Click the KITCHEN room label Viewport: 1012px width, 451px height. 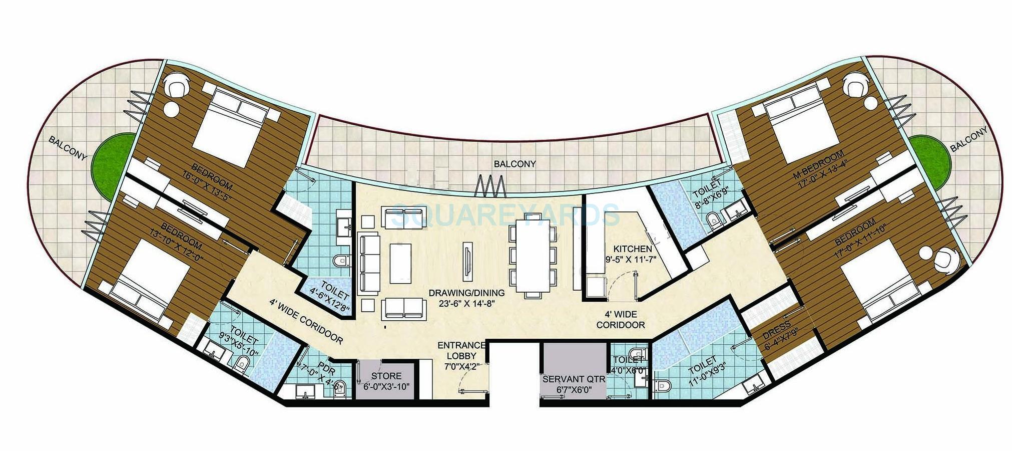(633, 249)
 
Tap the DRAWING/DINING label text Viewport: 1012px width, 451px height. (466, 293)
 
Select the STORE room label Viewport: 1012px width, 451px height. (386, 376)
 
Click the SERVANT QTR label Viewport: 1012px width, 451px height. (574, 379)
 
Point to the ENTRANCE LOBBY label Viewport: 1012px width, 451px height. (461, 350)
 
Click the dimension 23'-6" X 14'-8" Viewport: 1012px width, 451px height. (466, 303)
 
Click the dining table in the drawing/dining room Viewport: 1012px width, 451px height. (532, 256)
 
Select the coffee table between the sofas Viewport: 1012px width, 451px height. (400, 263)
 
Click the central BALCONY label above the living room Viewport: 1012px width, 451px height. (515, 164)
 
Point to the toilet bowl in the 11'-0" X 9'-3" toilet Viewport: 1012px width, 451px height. (664, 385)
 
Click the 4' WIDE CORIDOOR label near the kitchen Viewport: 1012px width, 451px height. (620, 319)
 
